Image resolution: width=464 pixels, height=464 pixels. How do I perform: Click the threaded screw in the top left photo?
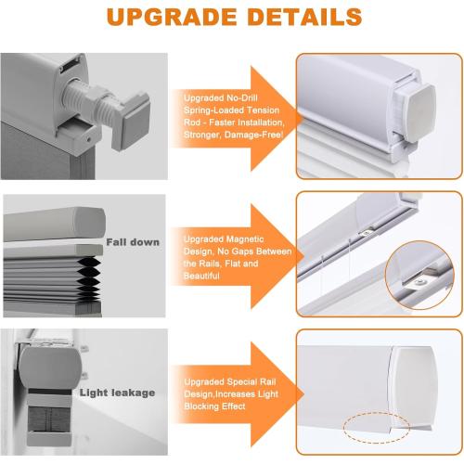tap(88, 102)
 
